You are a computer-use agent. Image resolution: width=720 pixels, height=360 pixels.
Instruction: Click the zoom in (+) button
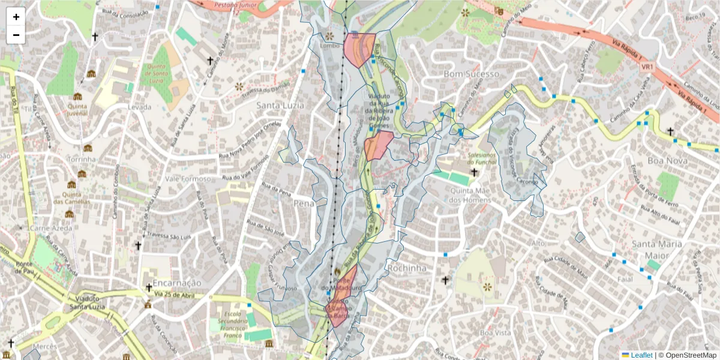coord(16,17)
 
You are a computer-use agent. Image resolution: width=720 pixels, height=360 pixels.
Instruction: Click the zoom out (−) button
coord(16,35)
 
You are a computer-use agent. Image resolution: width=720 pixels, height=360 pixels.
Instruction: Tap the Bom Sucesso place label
coord(471,74)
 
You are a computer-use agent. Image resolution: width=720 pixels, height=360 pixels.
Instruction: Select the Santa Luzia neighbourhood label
coord(280,106)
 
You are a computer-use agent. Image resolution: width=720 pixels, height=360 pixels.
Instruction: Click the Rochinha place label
coord(407,268)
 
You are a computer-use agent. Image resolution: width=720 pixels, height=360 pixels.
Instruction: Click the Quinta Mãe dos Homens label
coord(470,196)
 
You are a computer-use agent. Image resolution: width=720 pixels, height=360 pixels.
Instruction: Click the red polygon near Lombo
coord(358,49)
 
